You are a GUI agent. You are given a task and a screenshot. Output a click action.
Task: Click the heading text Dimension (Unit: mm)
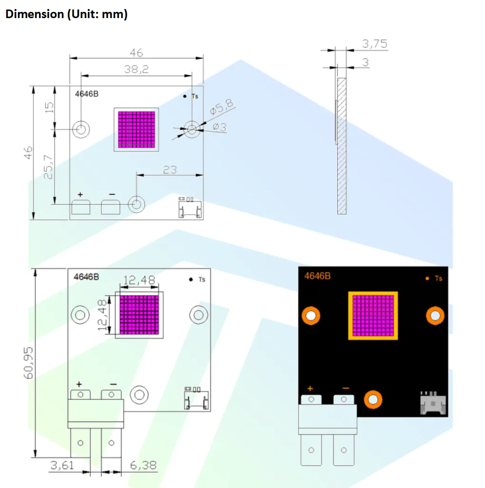66,14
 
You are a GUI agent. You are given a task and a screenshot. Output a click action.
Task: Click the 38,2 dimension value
136,69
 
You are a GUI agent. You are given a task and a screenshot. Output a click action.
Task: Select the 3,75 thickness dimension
375,44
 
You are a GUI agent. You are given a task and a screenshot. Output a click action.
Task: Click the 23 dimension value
170,169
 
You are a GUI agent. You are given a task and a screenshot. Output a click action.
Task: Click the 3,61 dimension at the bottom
62,465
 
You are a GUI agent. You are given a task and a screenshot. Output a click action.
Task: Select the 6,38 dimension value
143,465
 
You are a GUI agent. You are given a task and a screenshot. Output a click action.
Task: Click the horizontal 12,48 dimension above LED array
139,280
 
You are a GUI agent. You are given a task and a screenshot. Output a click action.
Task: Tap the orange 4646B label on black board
317,276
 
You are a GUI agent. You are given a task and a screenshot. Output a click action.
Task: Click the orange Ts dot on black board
427,278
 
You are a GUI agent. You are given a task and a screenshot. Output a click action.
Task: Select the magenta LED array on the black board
373,315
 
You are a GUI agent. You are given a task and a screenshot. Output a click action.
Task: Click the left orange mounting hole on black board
311,315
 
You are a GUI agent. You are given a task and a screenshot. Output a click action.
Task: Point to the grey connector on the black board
432,403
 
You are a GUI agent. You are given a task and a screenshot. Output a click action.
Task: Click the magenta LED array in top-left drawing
136,129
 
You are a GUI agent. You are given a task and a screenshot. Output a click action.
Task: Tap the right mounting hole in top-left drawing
192,129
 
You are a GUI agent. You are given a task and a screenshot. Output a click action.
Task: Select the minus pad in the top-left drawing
110,207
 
